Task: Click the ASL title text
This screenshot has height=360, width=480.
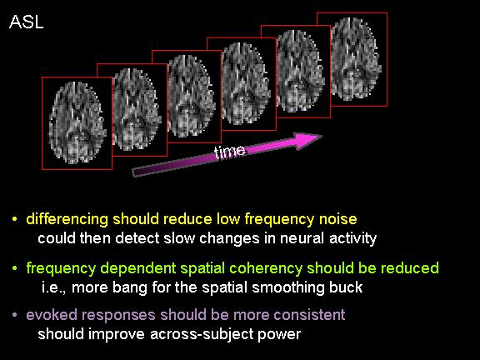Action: click(x=27, y=22)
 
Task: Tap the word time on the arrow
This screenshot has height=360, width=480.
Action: click(x=230, y=152)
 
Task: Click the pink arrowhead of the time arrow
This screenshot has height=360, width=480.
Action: click(x=307, y=140)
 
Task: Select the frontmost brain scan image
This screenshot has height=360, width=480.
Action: click(x=77, y=123)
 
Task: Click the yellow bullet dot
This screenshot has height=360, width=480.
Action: click(x=14, y=219)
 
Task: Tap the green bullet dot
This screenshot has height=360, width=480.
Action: click(x=14, y=268)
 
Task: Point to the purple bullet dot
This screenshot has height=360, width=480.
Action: click(x=14, y=314)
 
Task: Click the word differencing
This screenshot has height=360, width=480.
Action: click(x=67, y=220)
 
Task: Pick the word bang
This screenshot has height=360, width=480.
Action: click(x=130, y=287)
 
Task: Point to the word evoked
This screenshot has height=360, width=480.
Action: click(x=52, y=315)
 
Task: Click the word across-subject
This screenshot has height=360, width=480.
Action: click(x=202, y=334)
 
